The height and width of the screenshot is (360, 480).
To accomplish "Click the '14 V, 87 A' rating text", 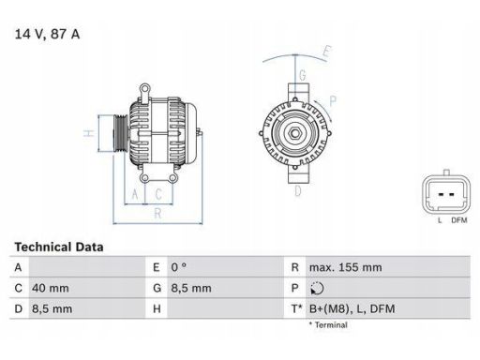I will [x=47, y=34].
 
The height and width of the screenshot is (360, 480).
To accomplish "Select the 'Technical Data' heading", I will [x=59, y=247].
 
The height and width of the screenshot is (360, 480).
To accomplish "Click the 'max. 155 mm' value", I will [x=346, y=267].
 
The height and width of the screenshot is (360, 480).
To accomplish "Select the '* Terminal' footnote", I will [x=327, y=325].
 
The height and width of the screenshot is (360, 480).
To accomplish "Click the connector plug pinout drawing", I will [x=444, y=192].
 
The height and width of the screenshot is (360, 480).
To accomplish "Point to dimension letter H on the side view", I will [x=88, y=133].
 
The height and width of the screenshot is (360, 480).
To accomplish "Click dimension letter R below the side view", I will [x=157, y=214].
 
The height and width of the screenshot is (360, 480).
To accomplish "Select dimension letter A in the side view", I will [x=136, y=194].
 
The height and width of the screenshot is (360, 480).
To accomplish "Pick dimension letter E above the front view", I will [x=326, y=51].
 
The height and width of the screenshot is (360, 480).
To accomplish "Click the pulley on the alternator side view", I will [x=120, y=132].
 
